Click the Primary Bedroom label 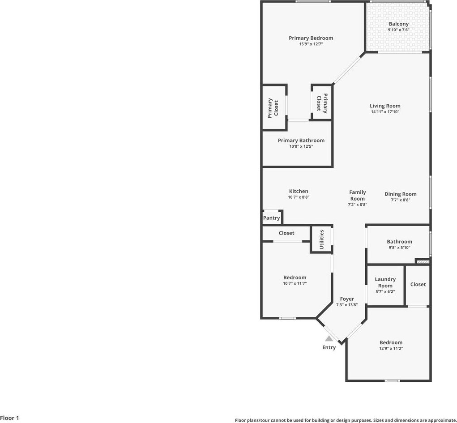(x=311, y=38)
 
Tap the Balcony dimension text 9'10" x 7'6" (x=398, y=30)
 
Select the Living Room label (x=385, y=106)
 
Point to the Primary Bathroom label (x=301, y=141)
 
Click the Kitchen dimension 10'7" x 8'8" (x=299, y=197)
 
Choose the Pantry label (x=271, y=218)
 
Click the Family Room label (x=357, y=196)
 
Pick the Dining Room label (x=400, y=194)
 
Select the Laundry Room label (x=385, y=282)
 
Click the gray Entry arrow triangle (x=329, y=339)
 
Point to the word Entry (x=329, y=347)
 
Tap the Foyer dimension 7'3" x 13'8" (x=347, y=305)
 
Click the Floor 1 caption (x=9, y=419)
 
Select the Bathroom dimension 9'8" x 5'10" (x=399, y=248)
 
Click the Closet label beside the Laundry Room (x=418, y=284)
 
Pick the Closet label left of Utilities (x=286, y=233)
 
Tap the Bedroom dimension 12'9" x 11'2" (x=391, y=349)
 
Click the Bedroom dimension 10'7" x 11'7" (x=295, y=283)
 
